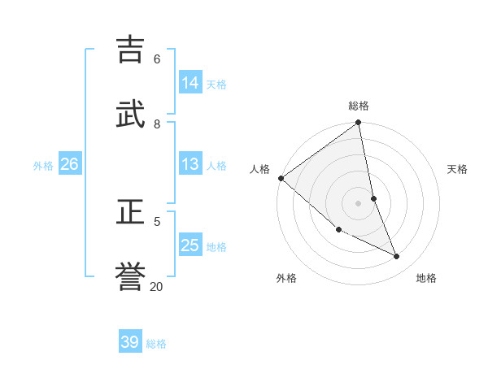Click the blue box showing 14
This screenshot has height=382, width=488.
click(190, 83)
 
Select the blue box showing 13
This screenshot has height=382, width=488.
click(190, 165)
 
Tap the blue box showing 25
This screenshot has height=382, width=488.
click(190, 246)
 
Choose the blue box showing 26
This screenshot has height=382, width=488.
click(69, 165)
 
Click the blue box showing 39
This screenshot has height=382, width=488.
click(130, 342)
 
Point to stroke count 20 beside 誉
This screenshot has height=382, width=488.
click(157, 286)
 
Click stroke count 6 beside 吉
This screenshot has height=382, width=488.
click(157, 59)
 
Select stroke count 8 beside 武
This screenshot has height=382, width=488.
click(157, 124)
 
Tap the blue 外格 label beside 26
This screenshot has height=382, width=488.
click(43, 166)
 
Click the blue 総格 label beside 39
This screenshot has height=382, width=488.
click(156, 344)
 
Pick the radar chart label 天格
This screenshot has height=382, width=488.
click(458, 169)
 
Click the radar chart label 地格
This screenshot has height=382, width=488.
click(426, 278)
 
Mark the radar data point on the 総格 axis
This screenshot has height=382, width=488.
click(359, 123)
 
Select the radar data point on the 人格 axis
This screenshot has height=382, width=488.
click(281, 178)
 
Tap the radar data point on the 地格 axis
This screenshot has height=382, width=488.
click(397, 256)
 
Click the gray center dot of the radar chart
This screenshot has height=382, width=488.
click(359, 202)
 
